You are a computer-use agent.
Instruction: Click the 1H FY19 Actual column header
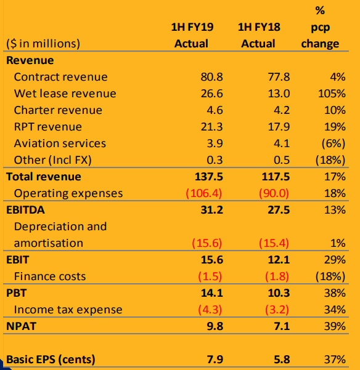click(x=192, y=35)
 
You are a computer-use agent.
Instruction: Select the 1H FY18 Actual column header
click(x=259, y=35)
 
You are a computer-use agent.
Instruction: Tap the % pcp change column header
click(x=320, y=27)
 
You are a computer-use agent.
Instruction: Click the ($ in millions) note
click(x=43, y=44)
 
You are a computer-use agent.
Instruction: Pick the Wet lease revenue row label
click(x=65, y=94)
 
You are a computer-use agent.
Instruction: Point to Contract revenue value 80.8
click(x=211, y=77)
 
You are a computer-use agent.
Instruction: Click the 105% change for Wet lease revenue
click(x=332, y=94)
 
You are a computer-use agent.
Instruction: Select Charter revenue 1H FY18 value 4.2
click(x=282, y=110)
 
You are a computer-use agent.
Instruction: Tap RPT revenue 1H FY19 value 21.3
click(x=211, y=127)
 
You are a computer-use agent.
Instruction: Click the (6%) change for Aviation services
click(x=333, y=143)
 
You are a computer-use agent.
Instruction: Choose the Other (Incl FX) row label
click(x=52, y=160)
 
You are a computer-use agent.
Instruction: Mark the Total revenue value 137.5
click(x=209, y=177)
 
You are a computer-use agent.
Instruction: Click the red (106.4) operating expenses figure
click(x=204, y=193)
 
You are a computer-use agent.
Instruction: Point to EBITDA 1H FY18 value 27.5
click(x=279, y=210)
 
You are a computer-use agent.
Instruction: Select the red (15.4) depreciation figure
click(x=274, y=243)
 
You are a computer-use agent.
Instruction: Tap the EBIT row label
click(x=17, y=260)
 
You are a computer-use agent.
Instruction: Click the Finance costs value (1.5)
click(x=210, y=276)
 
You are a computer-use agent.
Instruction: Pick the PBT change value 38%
click(x=335, y=293)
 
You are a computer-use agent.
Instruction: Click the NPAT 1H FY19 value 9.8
click(x=215, y=326)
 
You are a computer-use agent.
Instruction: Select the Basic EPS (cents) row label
click(x=51, y=360)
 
